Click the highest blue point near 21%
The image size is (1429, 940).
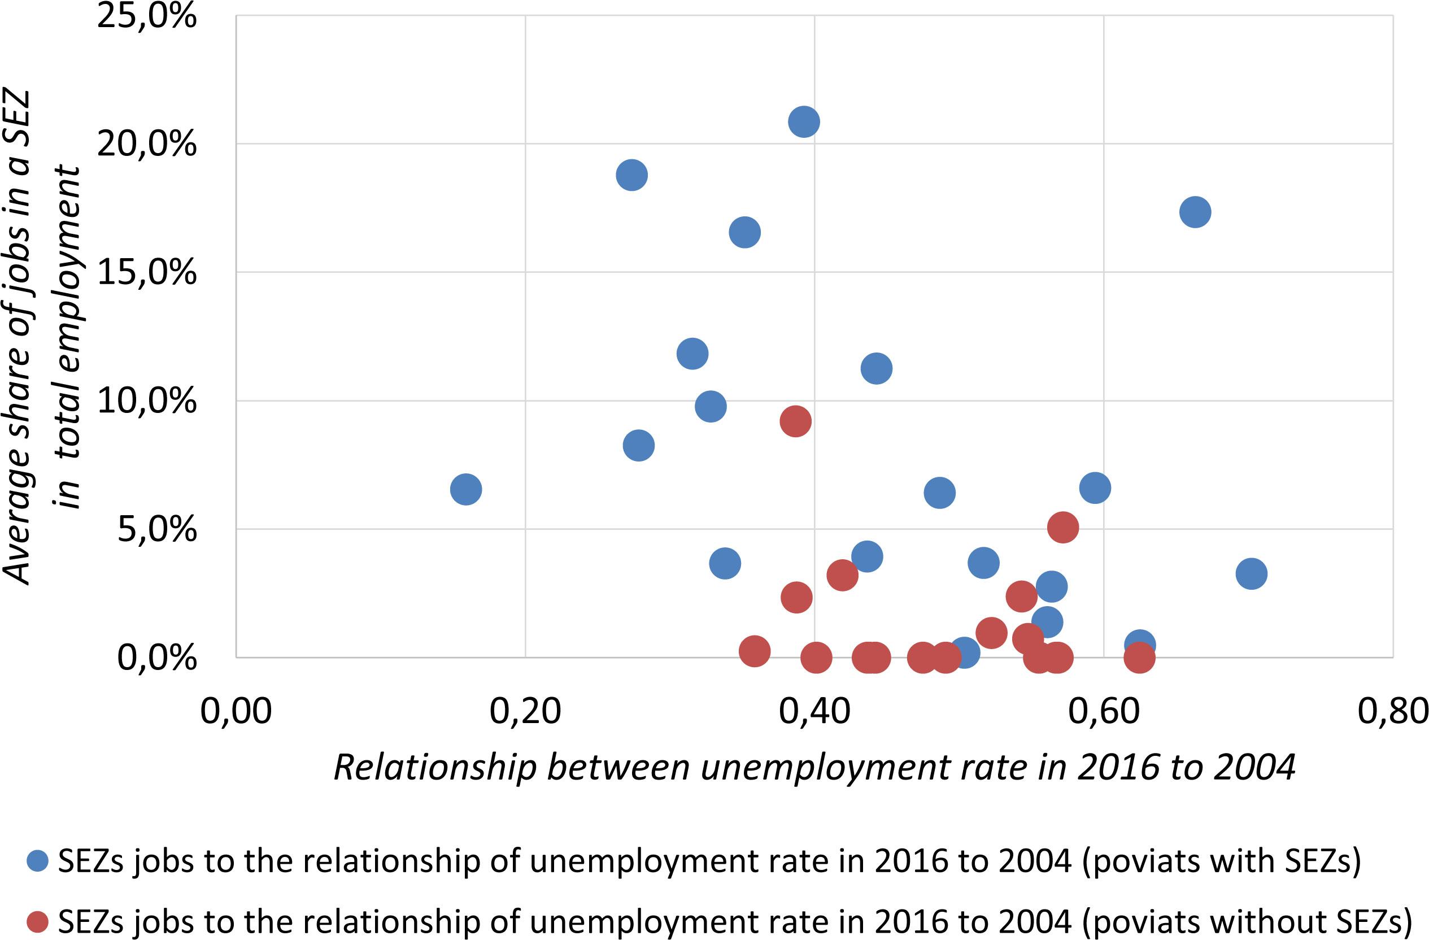pos(804,122)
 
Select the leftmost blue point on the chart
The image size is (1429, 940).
pos(466,490)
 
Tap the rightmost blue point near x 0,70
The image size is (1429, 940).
pos(1251,573)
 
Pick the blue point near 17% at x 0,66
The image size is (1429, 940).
pos(1195,212)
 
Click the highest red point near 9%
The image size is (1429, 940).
pos(796,421)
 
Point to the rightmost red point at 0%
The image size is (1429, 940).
pos(1139,658)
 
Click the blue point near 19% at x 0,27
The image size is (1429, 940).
pos(631,175)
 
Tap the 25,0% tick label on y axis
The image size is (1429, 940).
pos(146,16)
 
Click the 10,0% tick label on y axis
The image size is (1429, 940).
pos(146,401)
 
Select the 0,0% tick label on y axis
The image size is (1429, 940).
pos(156,658)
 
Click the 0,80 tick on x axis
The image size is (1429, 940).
pos(1392,711)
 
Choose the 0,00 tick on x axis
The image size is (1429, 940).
pos(236,711)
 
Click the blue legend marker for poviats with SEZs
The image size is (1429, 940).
pos(37,861)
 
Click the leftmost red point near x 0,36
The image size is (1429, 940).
pos(755,651)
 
